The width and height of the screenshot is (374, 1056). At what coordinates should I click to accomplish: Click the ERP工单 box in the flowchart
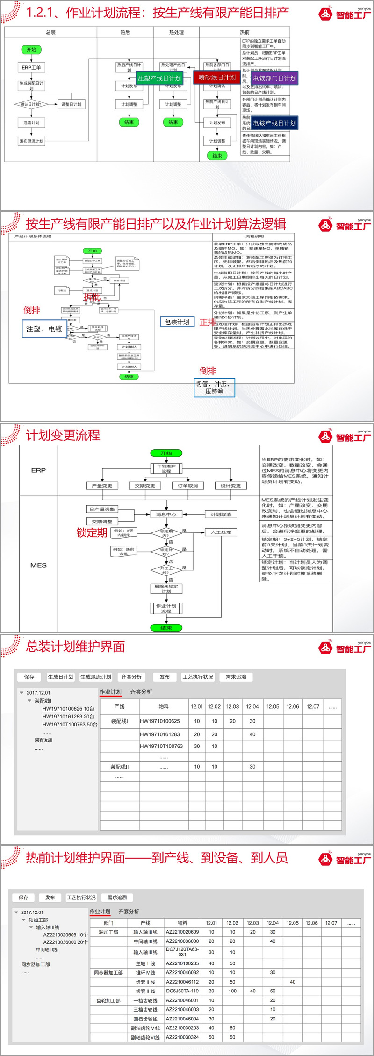click(31, 68)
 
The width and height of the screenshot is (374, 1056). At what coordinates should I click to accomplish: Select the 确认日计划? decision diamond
click(31, 104)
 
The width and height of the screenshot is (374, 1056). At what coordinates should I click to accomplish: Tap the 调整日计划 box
click(71, 104)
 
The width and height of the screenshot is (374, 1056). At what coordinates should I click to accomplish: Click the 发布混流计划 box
click(31, 141)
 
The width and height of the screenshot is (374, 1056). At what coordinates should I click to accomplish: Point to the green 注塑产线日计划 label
click(159, 79)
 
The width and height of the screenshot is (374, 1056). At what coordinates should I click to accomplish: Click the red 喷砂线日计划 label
click(217, 78)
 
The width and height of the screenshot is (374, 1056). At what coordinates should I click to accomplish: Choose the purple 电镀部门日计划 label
click(274, 79)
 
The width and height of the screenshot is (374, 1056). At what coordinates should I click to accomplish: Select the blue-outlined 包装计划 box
click(177, 322)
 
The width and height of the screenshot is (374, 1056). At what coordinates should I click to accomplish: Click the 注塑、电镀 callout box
click(44, 329)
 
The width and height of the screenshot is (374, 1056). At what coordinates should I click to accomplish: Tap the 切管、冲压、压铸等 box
click(214, 388)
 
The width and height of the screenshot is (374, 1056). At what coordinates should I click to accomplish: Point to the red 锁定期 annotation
click(92, 532)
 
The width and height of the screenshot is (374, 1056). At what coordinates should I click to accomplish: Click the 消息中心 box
click(166, 514)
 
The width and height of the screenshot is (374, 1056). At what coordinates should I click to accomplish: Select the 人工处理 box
click(221, 532)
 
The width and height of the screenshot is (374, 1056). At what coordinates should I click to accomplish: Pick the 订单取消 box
click(188, 486)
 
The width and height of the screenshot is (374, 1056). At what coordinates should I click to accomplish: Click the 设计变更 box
click(230, 486)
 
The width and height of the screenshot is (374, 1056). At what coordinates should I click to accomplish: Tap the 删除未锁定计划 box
click(166, 589)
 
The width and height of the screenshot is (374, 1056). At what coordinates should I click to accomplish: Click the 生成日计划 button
click(61, 677)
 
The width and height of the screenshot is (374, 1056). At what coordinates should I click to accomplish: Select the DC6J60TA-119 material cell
click(182, 991)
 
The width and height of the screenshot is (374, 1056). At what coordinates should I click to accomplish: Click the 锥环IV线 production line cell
click(145, 972)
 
